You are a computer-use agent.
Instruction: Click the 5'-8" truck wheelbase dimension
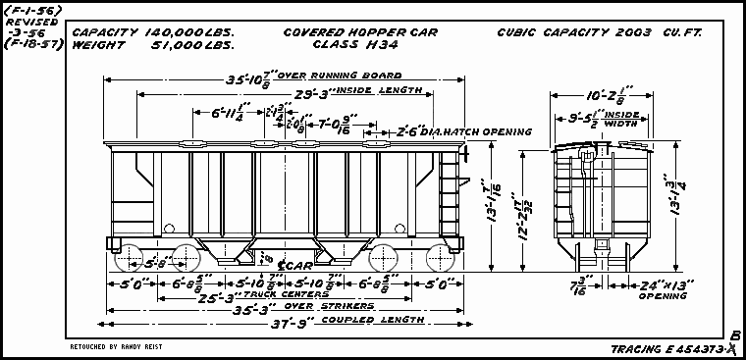point(157,262)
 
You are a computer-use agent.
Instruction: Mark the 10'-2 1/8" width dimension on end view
point(600,98)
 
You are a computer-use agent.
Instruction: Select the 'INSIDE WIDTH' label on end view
point(629,120)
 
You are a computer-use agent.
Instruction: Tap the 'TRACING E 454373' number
point(666,347)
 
